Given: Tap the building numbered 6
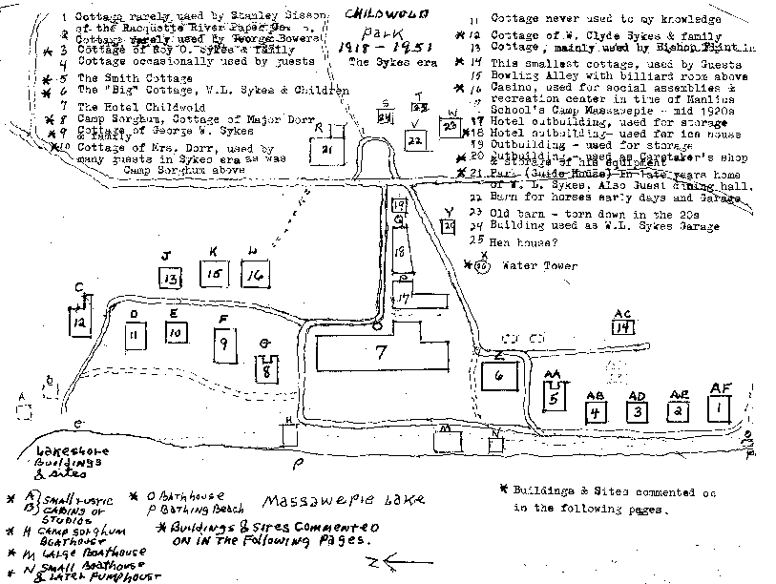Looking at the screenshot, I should click(x=499, y=375).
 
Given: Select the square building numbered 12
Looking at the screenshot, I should click(x=80, y=324).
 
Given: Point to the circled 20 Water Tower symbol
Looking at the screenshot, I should click(x=483, y=268).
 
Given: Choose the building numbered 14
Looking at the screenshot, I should click(x=623, y=327).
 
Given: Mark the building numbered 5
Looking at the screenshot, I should click(x=555, y=400).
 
